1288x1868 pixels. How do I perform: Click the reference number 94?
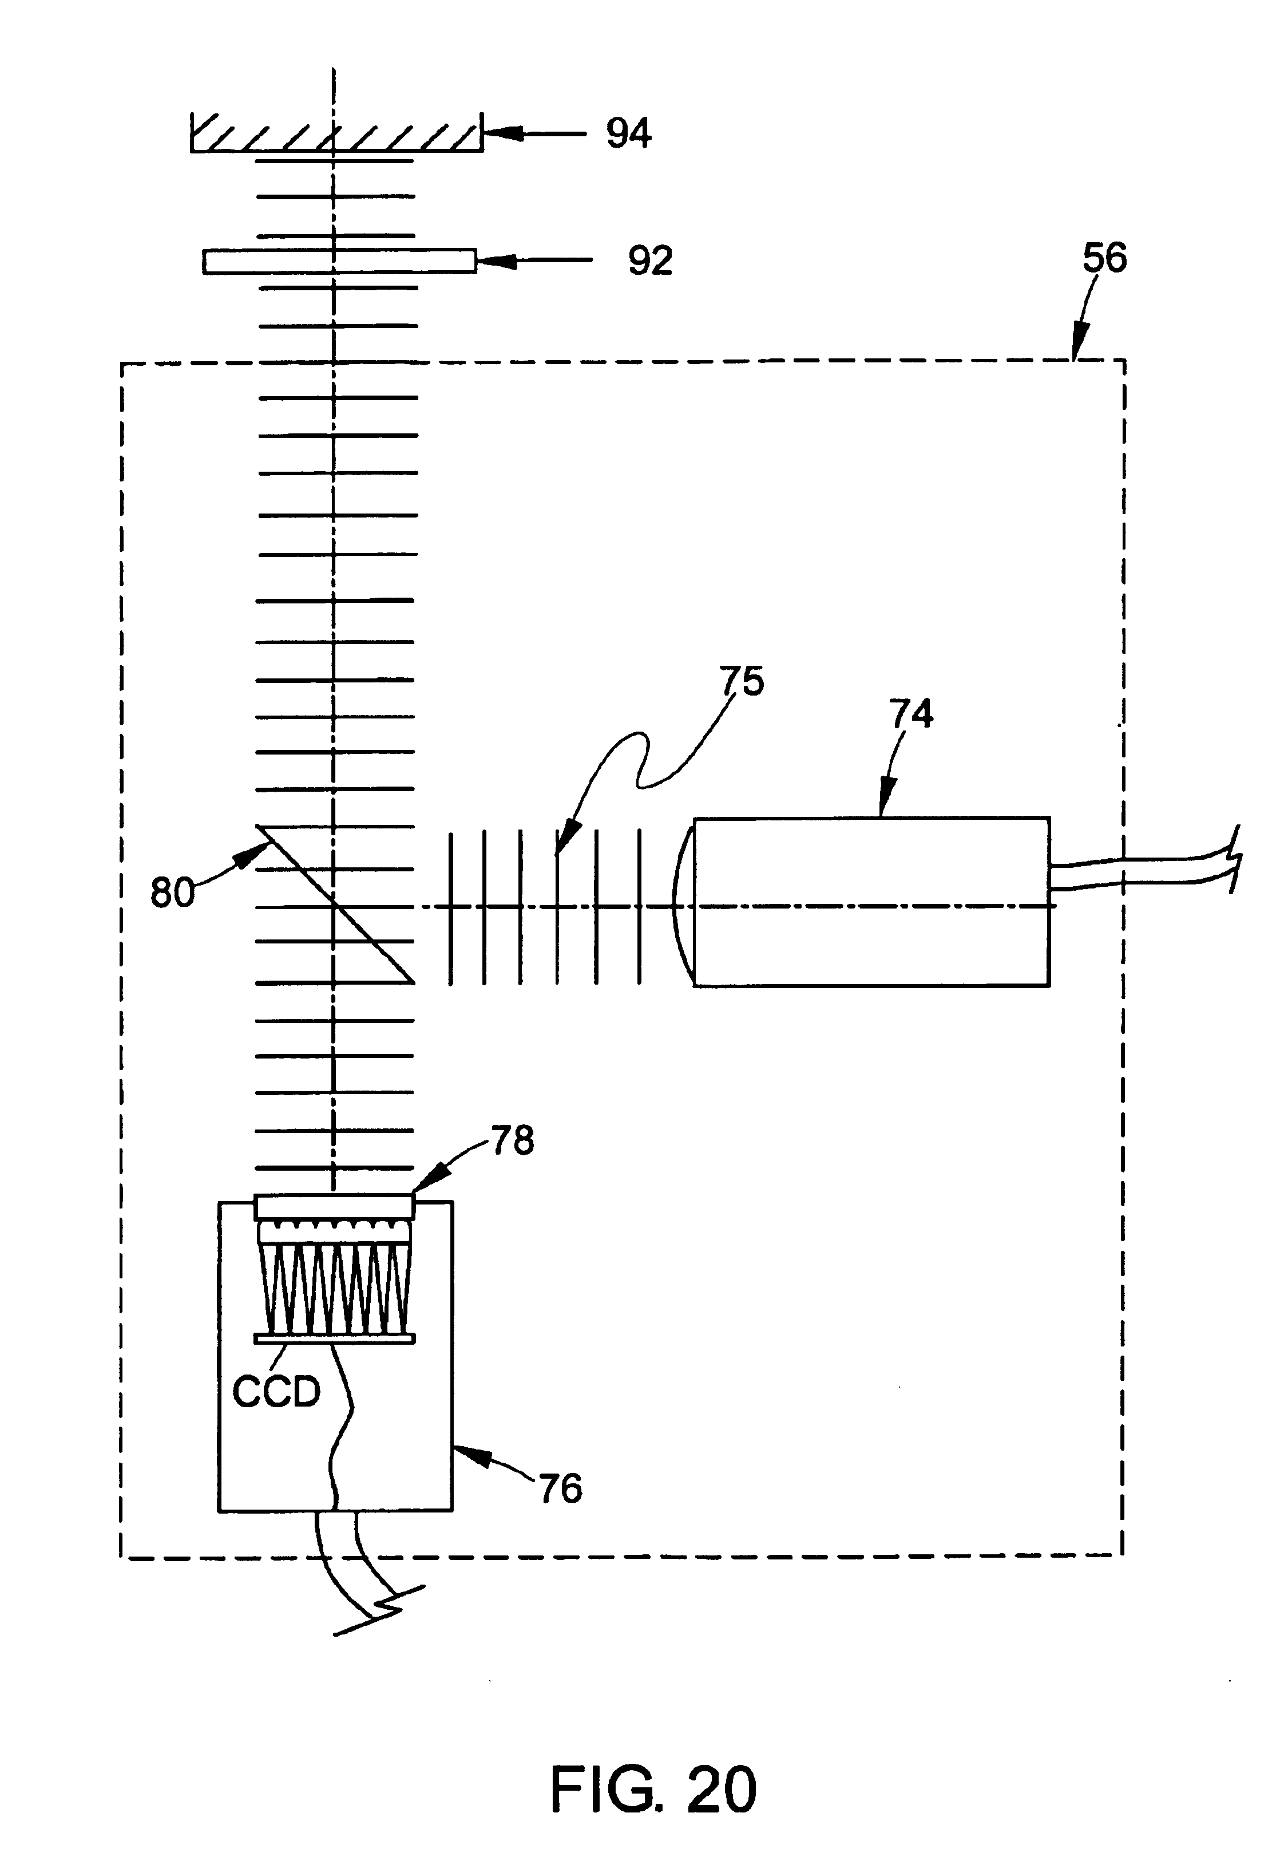tap(629, 133)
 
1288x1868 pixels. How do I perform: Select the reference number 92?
tap(651, 260)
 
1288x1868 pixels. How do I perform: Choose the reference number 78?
tap(513, 1140)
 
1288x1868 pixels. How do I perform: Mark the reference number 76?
tap(560, 1488)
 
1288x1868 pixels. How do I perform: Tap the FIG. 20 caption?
tap(653, 1789)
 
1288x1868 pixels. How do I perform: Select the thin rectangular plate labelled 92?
tap(339, 262)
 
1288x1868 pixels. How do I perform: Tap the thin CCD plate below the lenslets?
tap(335, 1338)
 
